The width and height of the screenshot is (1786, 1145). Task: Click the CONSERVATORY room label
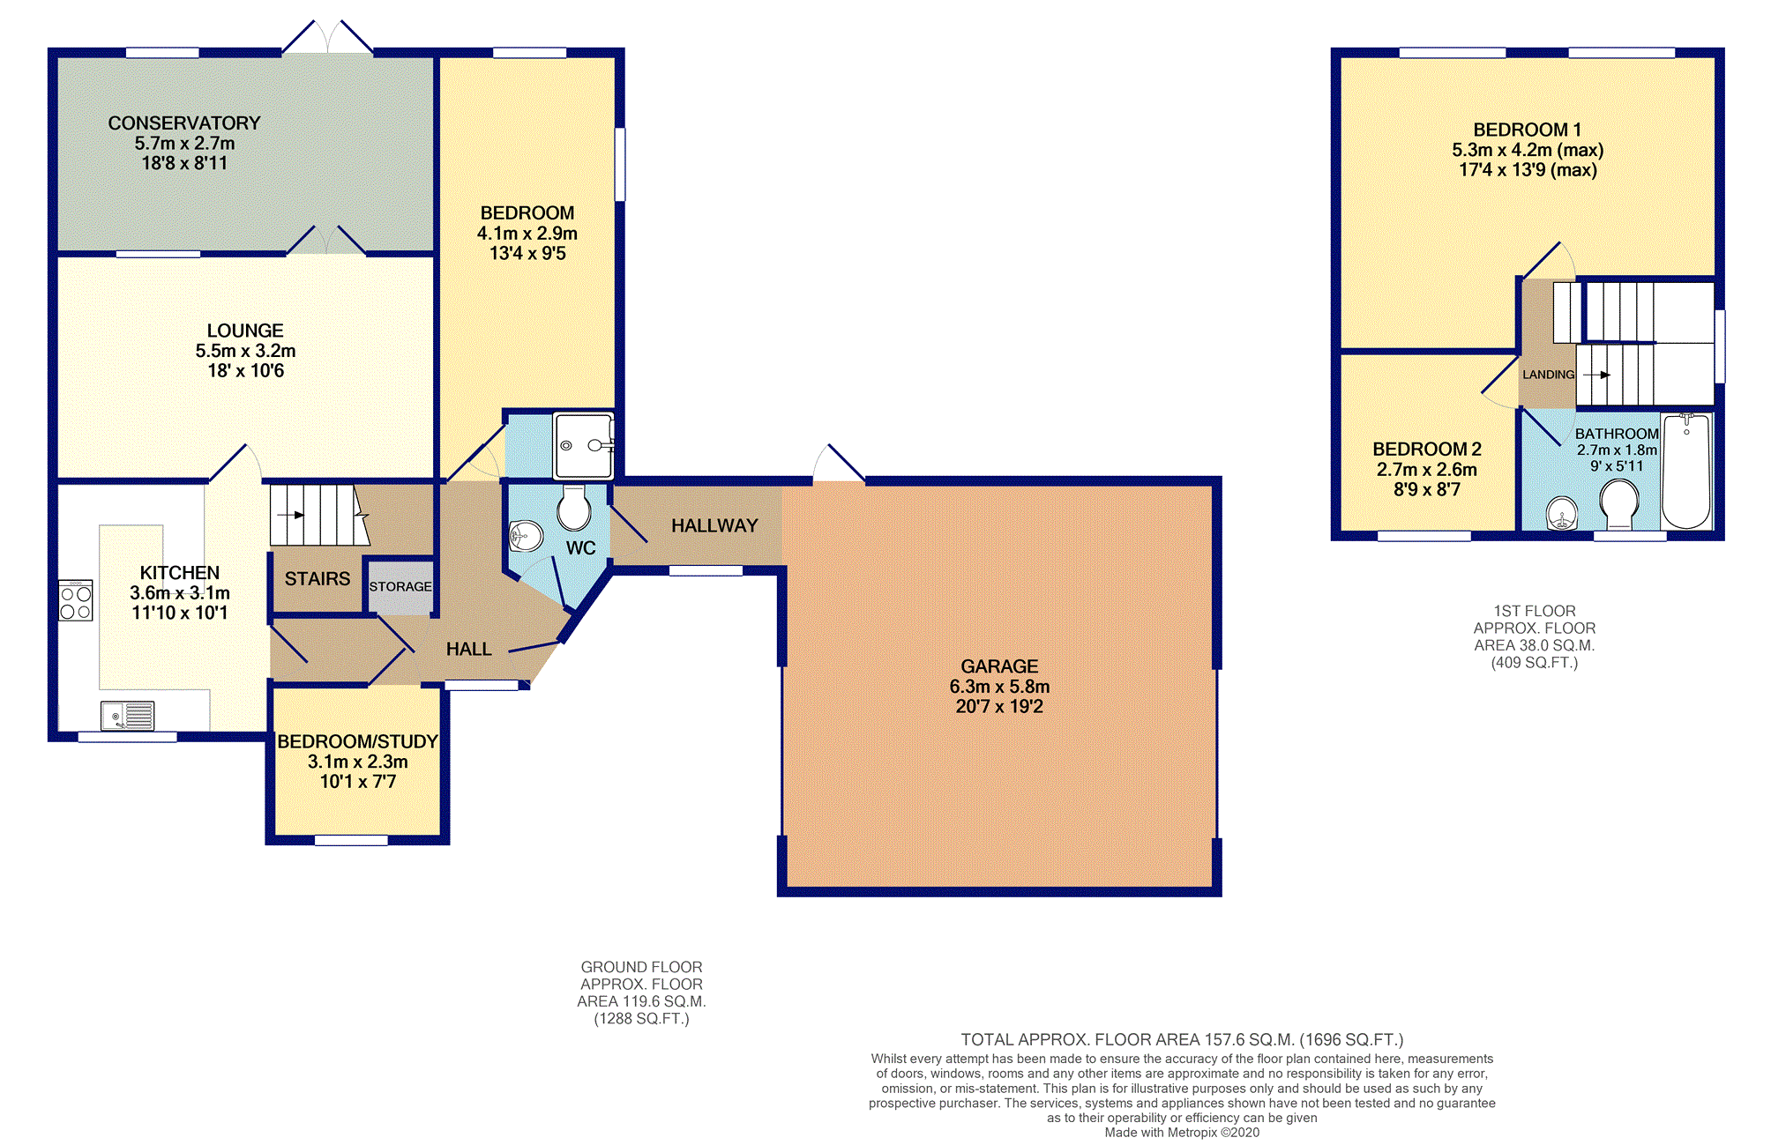pos(184,123)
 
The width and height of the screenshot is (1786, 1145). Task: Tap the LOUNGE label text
pos(245,331)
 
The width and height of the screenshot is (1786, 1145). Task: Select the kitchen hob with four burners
pos(76,600)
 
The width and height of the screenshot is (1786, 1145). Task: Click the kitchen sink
pos(128,716)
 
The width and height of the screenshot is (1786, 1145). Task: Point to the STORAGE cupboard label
pos(400,586)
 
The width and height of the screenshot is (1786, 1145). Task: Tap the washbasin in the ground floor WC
pos(526,535)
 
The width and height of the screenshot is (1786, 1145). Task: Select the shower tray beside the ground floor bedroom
pos(583,445)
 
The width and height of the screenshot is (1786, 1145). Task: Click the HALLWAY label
pos(714,526)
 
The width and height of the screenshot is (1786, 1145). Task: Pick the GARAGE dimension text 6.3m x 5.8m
pos(999,687)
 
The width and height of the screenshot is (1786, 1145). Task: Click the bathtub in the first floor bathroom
pos(1686,471)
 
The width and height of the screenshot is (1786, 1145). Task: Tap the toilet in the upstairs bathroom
pos(1619,505)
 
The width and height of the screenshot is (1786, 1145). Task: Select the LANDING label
pos(1549,375)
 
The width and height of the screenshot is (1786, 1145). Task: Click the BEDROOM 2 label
pos(1427,450)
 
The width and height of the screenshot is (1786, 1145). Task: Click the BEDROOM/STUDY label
pos(357,742)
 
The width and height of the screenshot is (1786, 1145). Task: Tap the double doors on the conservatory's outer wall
pos(328,37)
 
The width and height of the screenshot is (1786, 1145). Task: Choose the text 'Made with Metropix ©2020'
pos(1182,1133)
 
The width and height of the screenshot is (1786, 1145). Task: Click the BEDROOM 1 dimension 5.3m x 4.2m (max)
pos(1528,151)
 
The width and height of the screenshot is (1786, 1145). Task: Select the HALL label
pos(468,650)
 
